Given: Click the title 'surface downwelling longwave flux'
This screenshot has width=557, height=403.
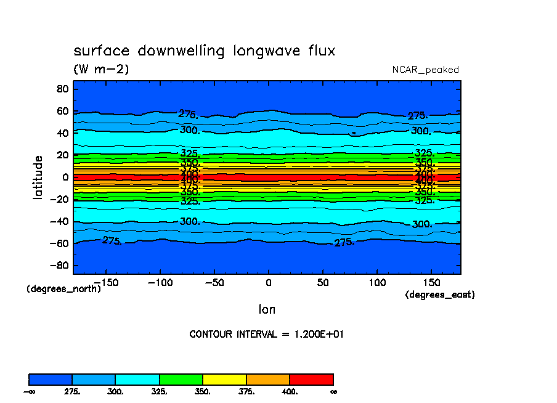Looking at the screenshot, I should tap(204, 51).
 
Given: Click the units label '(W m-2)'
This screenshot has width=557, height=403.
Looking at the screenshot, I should tap(101, 69).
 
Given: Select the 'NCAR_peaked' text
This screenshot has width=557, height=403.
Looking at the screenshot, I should tap(425, 70).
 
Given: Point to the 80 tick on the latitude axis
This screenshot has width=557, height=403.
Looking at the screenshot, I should tap(62, 89).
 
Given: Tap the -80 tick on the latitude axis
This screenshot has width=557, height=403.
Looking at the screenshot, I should tap(60, 266).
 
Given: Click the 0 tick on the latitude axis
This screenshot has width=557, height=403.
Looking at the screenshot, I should tap(65, 177).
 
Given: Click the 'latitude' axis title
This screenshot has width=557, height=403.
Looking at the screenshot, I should tap(38, 177).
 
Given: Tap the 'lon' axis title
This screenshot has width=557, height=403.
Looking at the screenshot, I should tap(267, 309).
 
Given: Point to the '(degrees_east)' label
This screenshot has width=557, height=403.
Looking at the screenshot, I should tap(440, 295).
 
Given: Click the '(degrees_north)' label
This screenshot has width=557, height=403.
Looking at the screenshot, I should tap(64, 288).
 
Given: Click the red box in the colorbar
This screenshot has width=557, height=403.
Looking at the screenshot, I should tap(311, 379).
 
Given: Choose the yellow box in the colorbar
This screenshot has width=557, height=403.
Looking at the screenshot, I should tap(224, 379).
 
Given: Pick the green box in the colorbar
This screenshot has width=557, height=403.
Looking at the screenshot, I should tap(181, 379).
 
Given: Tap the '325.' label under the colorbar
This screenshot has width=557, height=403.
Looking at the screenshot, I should tap(160, 391).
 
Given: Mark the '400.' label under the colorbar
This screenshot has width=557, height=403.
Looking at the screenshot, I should tap(290, 391).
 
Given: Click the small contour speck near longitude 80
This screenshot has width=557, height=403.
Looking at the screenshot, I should tap(354, 132).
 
